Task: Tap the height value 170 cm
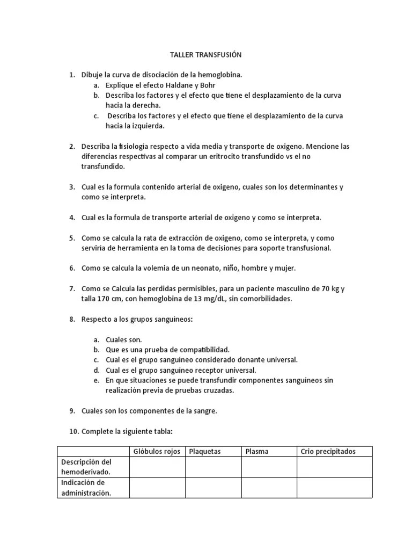pos(109,299)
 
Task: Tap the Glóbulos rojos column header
pos(157,452)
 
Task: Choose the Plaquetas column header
pos(205,452)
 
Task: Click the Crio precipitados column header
pos(328,452)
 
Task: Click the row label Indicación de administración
pos(86,488)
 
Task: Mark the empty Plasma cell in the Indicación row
pos(269,488)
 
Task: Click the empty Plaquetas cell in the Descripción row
pos(213,467)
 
